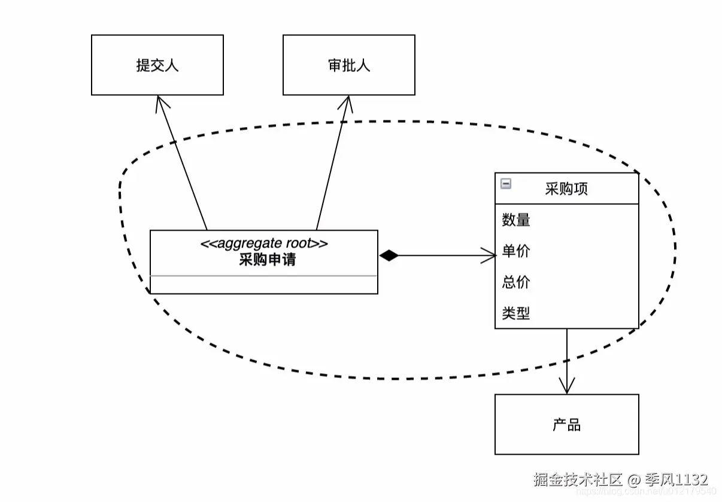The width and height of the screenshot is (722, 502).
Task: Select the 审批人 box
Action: tap(348, 65)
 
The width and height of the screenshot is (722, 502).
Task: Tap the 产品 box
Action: tap(566, 425)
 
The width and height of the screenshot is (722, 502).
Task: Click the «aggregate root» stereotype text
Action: tap(263, 243)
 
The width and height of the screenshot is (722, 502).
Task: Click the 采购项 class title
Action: tap(566, 189)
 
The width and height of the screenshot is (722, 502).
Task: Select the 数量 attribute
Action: tap(516, 220)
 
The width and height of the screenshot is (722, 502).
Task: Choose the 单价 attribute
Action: tap(516, 252)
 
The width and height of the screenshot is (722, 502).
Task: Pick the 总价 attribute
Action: tap(516, 282)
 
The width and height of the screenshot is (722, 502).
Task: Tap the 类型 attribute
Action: tap(516, 313)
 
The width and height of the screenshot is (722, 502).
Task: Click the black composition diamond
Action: tap(389, 256)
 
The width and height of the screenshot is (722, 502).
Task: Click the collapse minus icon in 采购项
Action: tap(506, 184)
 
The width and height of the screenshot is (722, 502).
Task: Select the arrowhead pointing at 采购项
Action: tap(491, 256)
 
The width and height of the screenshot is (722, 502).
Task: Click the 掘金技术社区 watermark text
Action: tap(578, 480)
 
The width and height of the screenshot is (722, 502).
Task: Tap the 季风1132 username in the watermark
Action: tap(675, 480)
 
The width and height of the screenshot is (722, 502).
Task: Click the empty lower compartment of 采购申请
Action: tap(263, 285)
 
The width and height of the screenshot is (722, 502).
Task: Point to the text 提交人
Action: tap(157, 65)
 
